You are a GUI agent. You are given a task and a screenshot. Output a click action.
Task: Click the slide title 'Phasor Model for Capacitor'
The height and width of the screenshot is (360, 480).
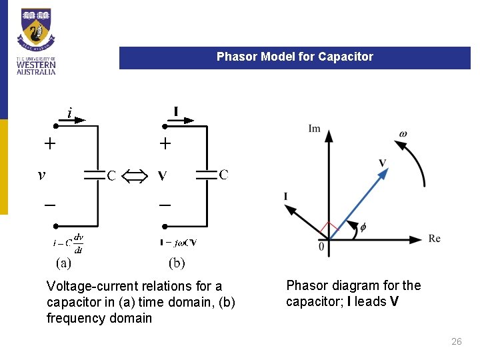pos(295,57)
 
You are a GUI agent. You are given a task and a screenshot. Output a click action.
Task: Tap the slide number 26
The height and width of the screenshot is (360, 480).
pos(457,341)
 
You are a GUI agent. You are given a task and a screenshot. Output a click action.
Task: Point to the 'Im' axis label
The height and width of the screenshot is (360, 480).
pos(315,129)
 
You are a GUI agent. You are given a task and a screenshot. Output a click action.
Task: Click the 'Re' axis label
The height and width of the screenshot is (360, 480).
pos(435,239)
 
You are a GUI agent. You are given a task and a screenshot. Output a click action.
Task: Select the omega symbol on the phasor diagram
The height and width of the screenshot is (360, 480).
pos(403,134)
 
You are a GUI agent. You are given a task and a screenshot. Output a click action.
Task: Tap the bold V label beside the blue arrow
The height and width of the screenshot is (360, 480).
pos(382,163)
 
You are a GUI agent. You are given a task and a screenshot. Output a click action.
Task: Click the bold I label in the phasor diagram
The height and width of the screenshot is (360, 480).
pos(285,196)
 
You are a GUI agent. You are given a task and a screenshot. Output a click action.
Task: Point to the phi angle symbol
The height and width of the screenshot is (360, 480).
pos(363,227)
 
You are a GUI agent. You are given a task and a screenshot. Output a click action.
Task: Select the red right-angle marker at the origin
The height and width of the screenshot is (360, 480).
pos(328,230)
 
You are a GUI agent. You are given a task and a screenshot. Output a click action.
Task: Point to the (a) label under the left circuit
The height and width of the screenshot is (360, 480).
pos(63,263)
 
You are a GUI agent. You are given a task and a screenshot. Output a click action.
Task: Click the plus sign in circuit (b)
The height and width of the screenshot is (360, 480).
pos(165,143)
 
